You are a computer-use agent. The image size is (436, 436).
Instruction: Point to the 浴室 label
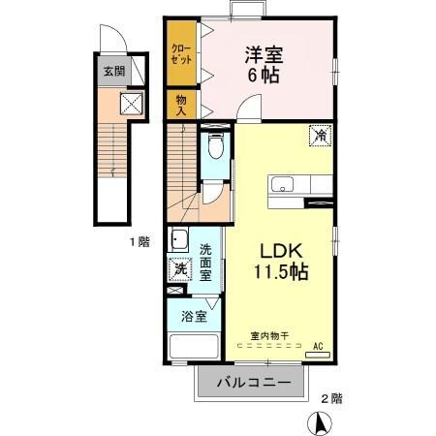pyautogui.click(x=193, y=315)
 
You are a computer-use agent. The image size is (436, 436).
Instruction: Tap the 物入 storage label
pyautogui.click(x=181, y=102)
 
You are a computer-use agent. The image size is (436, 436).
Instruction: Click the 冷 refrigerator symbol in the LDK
pyautogui.click(x=319, y=137)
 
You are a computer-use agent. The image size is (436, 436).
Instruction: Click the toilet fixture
pyautogui.click(x=215, y=148)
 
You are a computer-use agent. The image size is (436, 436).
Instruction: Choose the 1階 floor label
pyautogui.click(x=140, y=242)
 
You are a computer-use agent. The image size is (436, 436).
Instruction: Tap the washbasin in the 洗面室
pyautogui.click(x=180, y=240)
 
